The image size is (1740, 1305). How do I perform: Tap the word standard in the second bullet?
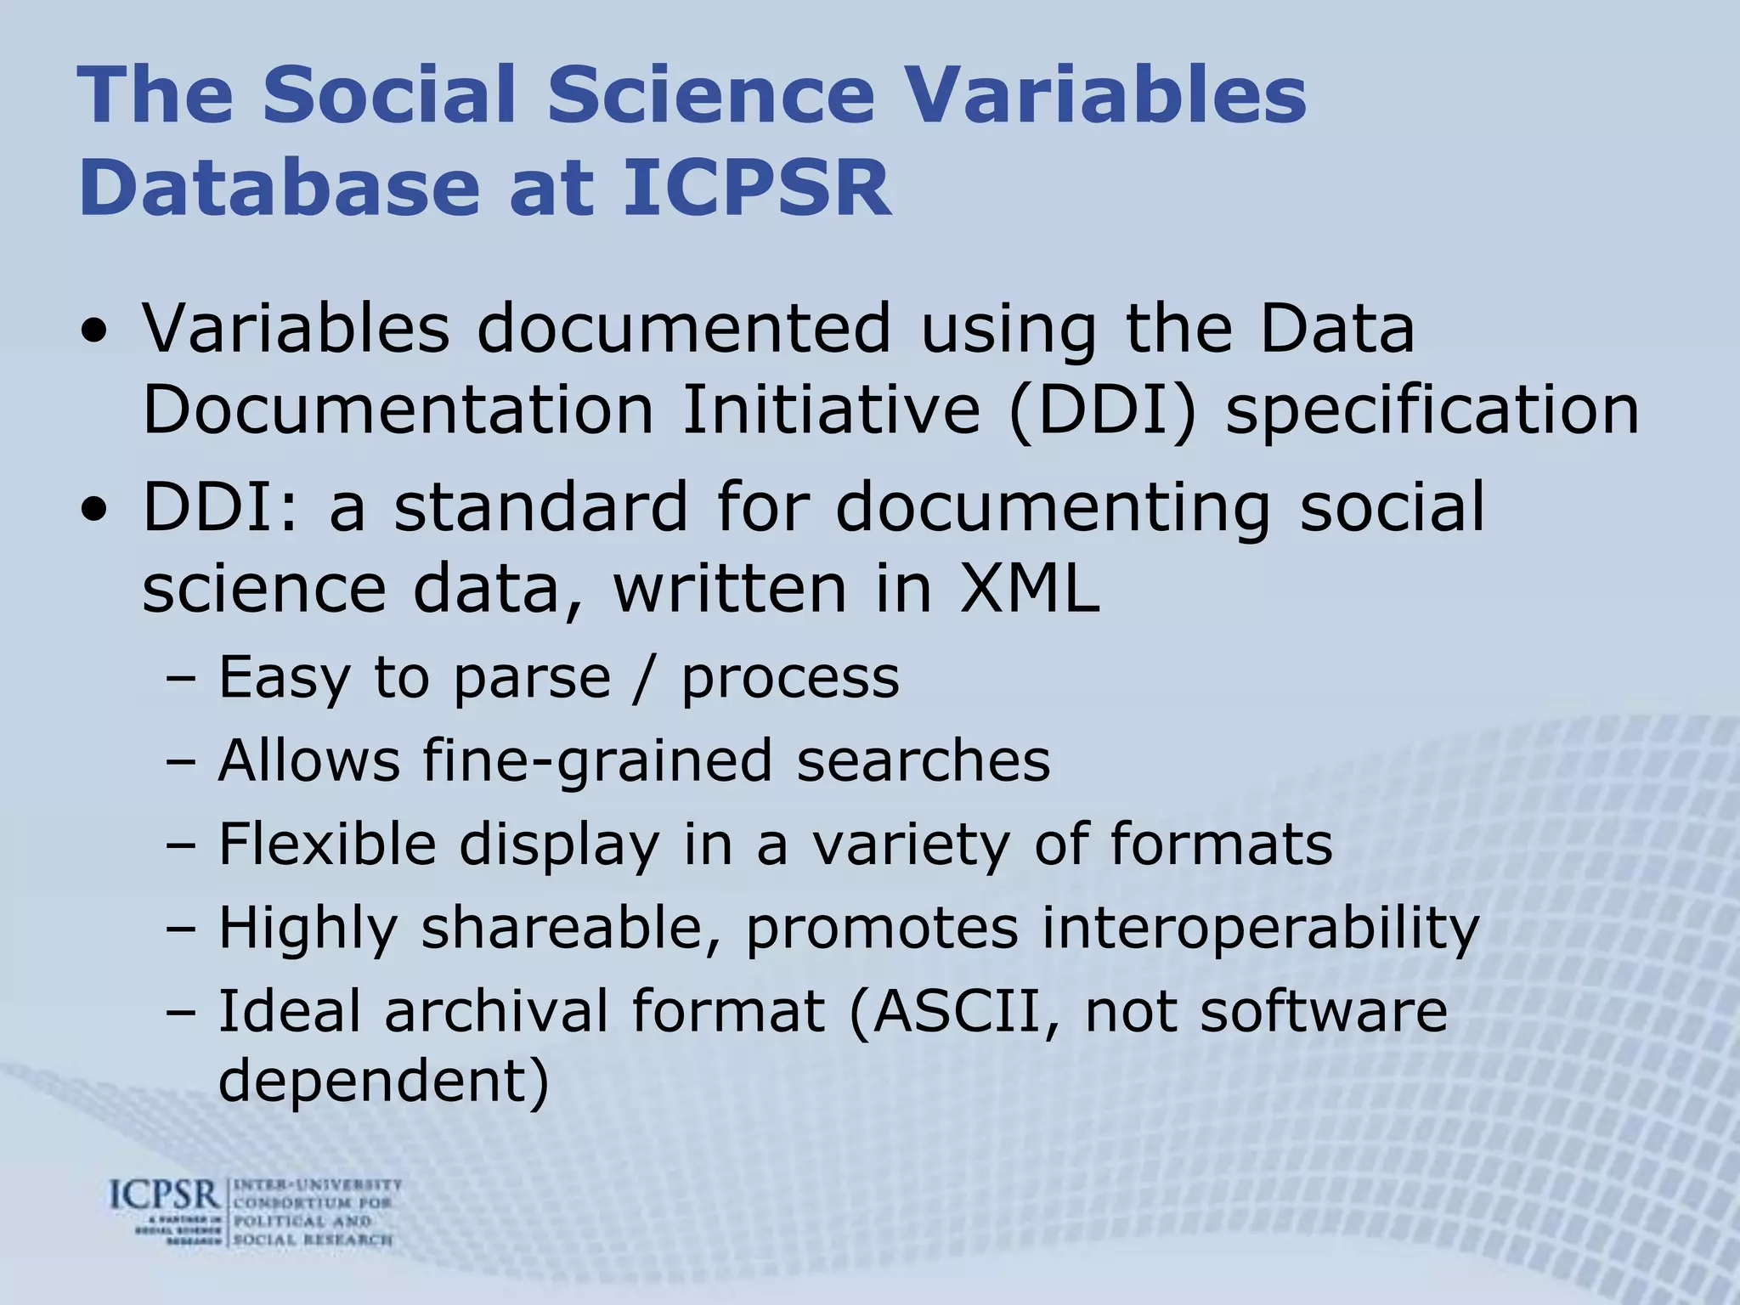pos(540,506)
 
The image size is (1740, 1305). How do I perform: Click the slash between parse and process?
pos(647,678)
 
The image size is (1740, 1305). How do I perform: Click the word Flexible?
pos(327,844)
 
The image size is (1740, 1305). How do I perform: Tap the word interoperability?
pos(1260,928)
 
